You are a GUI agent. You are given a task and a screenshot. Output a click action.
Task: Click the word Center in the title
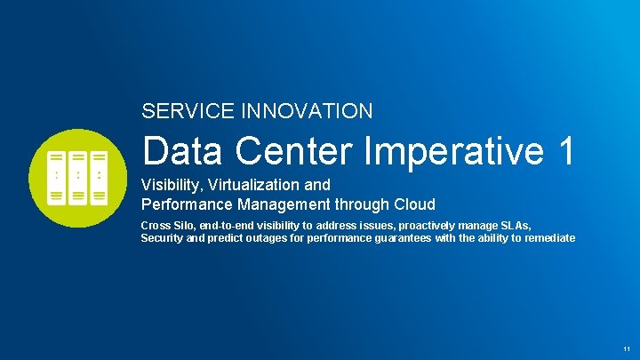pyautogui.click(x=288, y=151)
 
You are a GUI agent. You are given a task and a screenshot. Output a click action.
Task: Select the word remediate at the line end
pyautogui.click(x=548, y=238)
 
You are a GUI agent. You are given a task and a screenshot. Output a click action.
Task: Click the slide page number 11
pyautogui.click(x=627, y=348)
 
